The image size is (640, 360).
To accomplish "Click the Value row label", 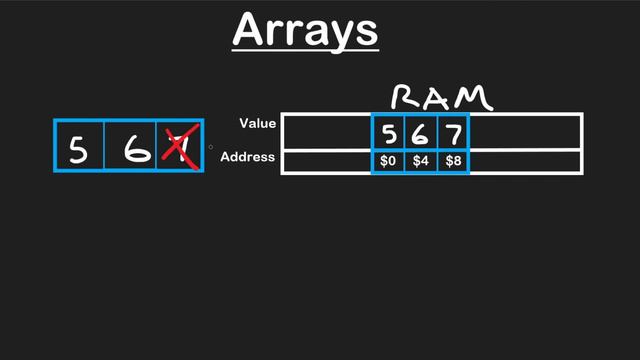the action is (258, 124).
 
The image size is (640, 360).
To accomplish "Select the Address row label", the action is (248, 157).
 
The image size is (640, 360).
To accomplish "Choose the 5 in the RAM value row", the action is (388, 132).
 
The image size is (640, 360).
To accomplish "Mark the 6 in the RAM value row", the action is (420, 132).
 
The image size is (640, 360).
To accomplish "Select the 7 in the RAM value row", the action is (453, 132).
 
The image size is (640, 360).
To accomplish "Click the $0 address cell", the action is (388, 161).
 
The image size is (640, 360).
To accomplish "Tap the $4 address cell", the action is (420, 161).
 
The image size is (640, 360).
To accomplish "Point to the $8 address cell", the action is (453, 161).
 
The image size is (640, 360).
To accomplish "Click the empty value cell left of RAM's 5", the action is (327, 132).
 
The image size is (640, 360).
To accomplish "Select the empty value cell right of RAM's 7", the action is (525, 132).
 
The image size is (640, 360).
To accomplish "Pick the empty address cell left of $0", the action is (327, 161).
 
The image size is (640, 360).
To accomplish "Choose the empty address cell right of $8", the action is (525, 161).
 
